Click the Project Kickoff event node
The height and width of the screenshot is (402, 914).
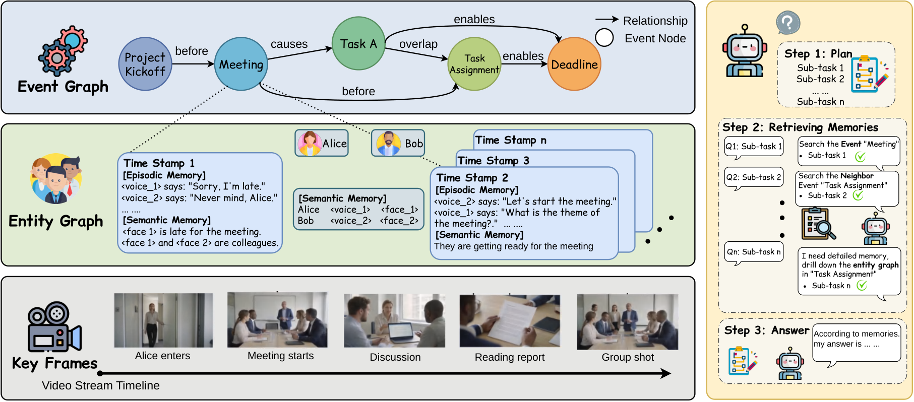coord(145,64)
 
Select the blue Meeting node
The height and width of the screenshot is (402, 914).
coord(241,64)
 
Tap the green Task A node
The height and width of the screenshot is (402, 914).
coord(358,43)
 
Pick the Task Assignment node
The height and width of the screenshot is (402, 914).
coord(474,64)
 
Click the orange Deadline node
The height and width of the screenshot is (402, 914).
coord(574,64)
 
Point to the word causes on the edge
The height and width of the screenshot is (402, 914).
coord(289,44)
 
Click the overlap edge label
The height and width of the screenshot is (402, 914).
coord(418,44)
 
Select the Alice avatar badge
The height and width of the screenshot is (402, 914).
coord(322,143)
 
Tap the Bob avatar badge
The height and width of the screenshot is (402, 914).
coord(398,143)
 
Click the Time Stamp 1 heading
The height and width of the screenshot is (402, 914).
coord(159,163)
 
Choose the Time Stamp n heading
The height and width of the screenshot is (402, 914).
coord(511,140)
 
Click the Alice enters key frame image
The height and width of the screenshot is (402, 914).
coord(163,320)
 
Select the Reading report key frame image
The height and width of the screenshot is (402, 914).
coord(510,321)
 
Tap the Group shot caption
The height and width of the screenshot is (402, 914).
coord(628,357)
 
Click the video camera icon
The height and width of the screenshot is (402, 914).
coord(54,327)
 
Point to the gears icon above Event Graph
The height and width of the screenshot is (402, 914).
coord(63,51)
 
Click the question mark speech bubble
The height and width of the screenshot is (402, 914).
coord(788,23)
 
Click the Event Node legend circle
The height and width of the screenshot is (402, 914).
coord(604,38)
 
